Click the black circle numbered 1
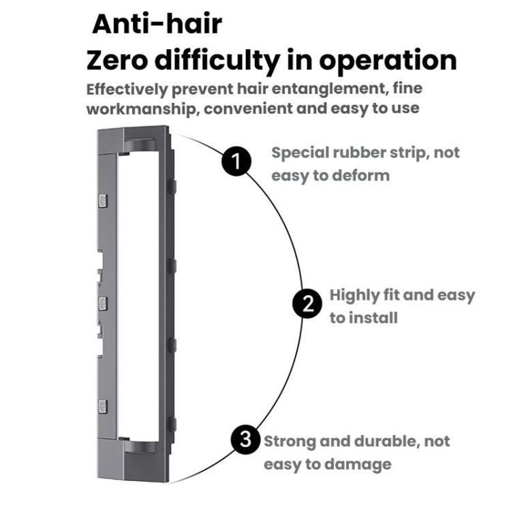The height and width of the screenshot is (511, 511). pyautogui.click(x=236, y=161)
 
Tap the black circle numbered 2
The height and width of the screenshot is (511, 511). pyautogui.click(x=307, y=304)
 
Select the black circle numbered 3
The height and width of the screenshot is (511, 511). pyautogui.click(x=246, y=439)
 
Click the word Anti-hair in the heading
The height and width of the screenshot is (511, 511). pyautogui.click(x=157, y=24)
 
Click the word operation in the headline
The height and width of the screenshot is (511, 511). pyautogui.click(x=388, y=61)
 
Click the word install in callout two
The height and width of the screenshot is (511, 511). pyautogui.click(x=374, y=318)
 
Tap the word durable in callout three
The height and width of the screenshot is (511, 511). pyautogui.click(x=386, y=442)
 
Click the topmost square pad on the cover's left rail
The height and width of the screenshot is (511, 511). pyautogui.click(x=103, y=201)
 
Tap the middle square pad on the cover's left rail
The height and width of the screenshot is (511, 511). pyautogui.click(x=103, y=303)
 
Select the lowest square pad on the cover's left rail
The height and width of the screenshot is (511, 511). pyautogui.click(x=103, y=406)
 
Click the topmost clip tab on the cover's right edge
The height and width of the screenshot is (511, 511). pyautogui.click(x=172, y=187)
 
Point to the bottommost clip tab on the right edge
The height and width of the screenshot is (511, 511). pyautogui.click(x=172, y=424)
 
